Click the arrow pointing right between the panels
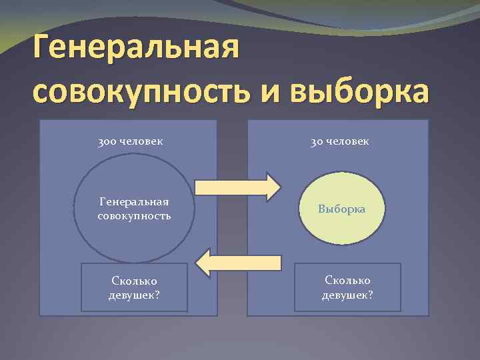237,187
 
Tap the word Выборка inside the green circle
341,209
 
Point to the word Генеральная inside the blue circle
133,201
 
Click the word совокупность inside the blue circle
133,215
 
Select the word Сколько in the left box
133,281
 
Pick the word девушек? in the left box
133,295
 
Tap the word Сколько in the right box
347,281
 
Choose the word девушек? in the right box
347,295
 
